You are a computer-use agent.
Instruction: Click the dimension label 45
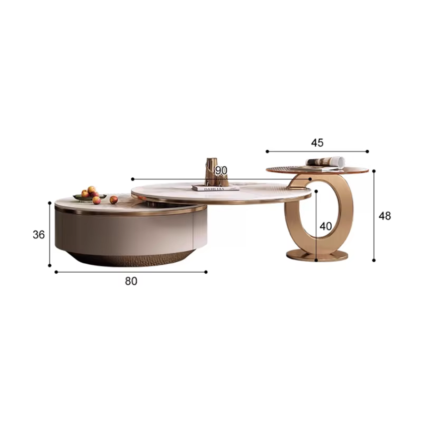(317, 142)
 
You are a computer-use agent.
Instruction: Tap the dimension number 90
(221, 170)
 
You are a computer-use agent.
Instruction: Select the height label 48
(385, 216)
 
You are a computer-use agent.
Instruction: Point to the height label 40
(325, 226)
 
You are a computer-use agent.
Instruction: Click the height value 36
(39, 235)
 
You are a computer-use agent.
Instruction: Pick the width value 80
(131, 281)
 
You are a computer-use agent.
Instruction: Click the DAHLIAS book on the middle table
(215, 188)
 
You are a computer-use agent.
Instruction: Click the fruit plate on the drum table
(90, 197)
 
